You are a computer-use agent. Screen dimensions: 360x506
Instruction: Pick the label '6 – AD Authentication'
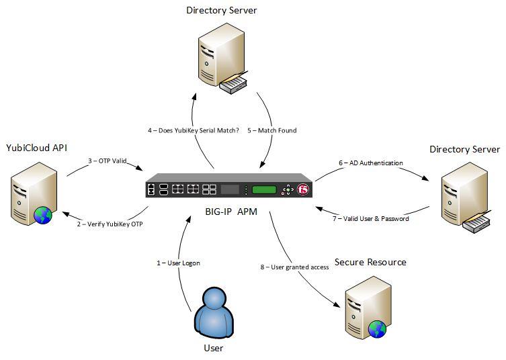click(x=370, y=163)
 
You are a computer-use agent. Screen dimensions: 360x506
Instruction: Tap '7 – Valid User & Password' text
click(x=372, y=218)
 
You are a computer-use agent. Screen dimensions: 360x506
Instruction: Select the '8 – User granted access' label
click(x=294, y=267)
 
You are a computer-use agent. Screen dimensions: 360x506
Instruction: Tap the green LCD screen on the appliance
click(x=265, y=189)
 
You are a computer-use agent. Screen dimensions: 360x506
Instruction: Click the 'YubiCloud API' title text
click(x=36, y=147)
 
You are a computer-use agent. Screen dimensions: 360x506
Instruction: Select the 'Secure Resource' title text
click(x=370, y=262)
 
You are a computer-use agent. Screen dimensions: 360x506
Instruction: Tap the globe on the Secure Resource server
click(x=378, y=329)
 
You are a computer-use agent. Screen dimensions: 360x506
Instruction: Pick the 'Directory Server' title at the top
click(x=221, y=11)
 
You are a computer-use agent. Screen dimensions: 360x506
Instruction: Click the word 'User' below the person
click(x=213, y=348)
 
